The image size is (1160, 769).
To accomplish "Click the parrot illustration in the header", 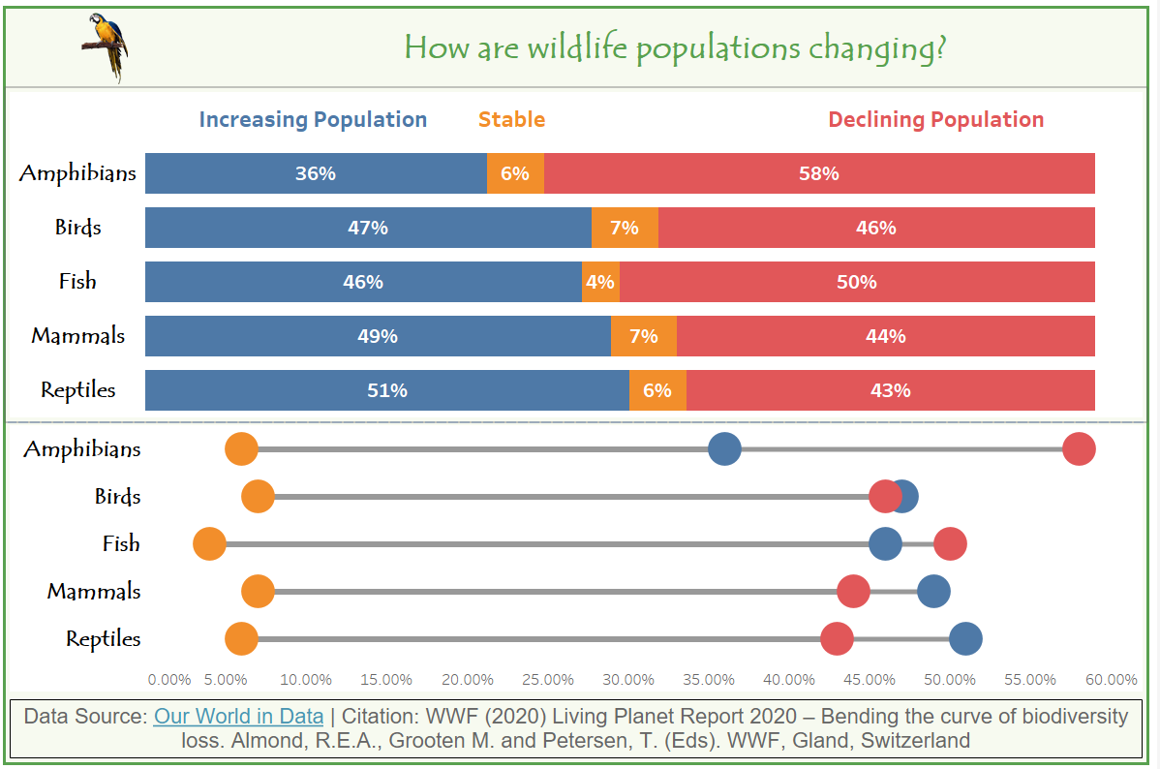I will coord(106,46).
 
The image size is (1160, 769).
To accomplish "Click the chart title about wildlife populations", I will coord(674,46).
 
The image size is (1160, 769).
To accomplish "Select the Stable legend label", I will coord(511,120).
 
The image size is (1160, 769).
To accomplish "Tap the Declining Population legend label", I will coord(935,120).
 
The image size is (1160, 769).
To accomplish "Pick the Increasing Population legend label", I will coord(313,120).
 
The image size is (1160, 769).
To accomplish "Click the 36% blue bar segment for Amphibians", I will coord(316,173).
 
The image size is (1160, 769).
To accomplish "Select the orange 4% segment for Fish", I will coord(600,282).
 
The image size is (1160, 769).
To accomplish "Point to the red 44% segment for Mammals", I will coord(885,336).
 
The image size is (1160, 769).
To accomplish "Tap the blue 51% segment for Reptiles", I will coord(386,390).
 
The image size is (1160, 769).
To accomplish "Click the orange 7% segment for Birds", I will coord(625,228).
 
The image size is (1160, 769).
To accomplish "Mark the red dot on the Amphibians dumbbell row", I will coord(1079,449).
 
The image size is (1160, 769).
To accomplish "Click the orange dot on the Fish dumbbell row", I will coord(209,543).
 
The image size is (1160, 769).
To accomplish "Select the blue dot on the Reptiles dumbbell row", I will coord(965,638).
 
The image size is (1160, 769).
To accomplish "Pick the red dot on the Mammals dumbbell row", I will coord(853,591).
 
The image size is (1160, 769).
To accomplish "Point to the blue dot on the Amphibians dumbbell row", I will coord(724,449).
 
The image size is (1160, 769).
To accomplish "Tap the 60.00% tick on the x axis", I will coord(1112,679).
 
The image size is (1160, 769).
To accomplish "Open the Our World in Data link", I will coord(238,717).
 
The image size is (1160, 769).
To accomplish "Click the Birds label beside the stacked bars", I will coord(78,228).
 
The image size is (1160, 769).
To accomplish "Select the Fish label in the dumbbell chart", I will coord(121,543).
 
